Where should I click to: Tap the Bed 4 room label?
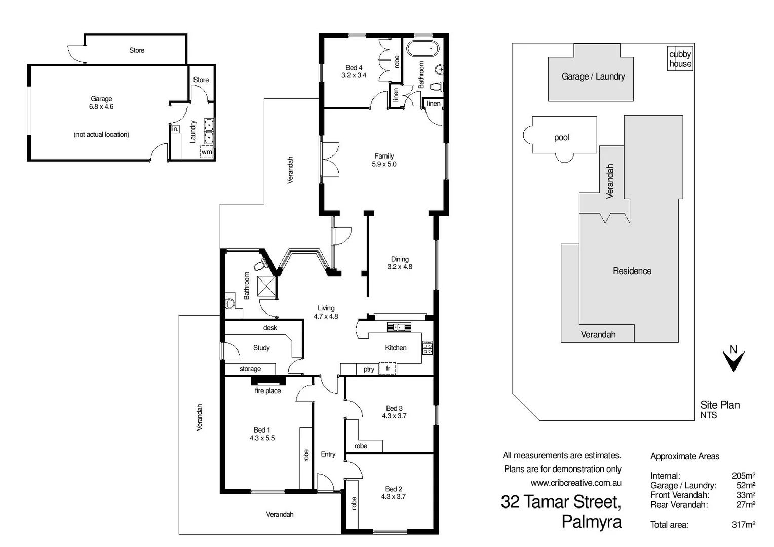tap(354, 71)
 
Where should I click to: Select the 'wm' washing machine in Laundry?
tap(207, 152)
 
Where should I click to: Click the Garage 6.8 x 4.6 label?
tap(101, 103)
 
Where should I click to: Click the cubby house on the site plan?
tap(680, 59)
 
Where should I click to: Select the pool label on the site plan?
tap(562, 137)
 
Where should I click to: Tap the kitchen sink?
tap(399, 327)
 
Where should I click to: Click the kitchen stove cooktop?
tap(428, 347)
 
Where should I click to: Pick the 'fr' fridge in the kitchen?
tap(388, 368)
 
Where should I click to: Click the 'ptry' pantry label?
tap(369, 369)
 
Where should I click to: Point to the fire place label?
tap(267, 390)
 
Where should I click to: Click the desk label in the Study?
tap(270, 328)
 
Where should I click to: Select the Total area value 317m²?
tap(743, 525)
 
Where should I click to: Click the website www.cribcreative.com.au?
tap(575, 483)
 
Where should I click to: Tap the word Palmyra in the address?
tap(591, 521)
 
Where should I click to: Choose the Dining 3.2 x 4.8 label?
tap(400, 263)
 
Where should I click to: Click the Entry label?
tap(328, 454)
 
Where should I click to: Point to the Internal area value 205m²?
tap(743, 476)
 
